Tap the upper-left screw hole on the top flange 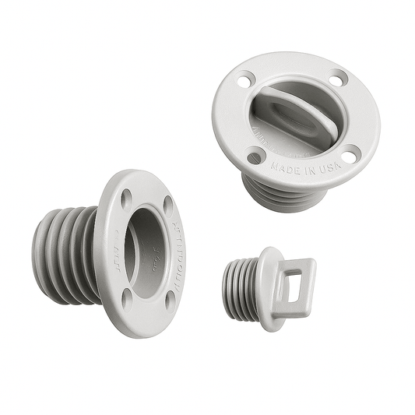click(243, 79)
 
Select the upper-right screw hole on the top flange click(337, 78)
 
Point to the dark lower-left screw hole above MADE click(255, 157)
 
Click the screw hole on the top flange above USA click(352, 151)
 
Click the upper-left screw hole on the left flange click(125, 199)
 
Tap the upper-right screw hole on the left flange click(168, 204)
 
